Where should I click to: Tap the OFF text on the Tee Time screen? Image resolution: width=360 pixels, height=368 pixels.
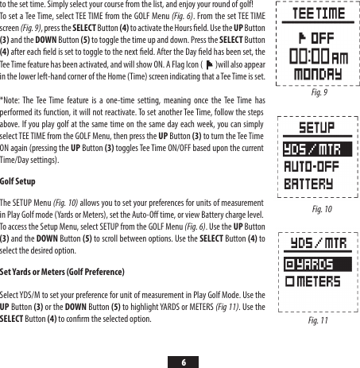[x=318, y=37]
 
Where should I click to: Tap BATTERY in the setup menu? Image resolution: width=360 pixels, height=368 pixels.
[x=307, y=184]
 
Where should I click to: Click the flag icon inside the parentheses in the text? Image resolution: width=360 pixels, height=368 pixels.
[x=208, y=66]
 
